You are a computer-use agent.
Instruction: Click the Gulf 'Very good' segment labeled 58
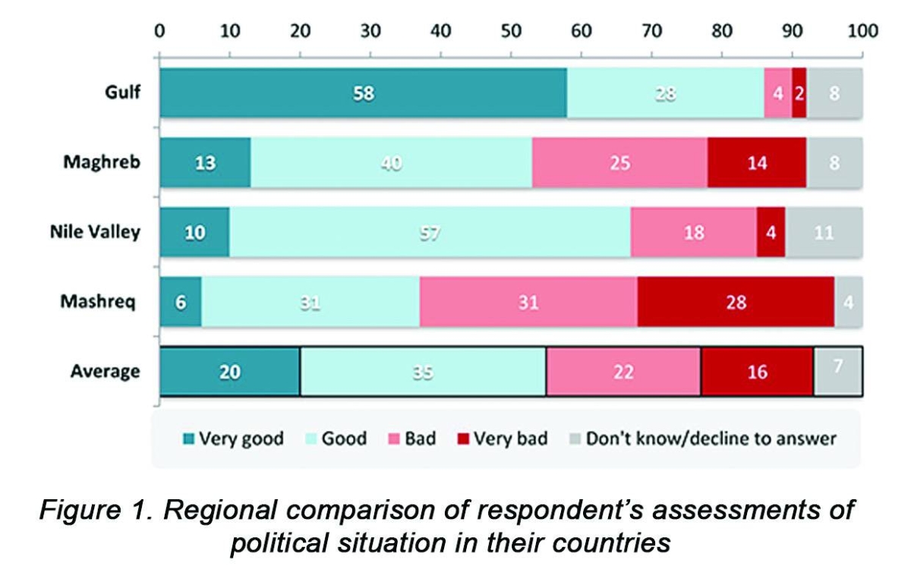pyautogui.click(x=363, y=93)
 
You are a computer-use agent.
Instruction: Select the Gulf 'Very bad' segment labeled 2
pyautogui.click(x=799, y=93)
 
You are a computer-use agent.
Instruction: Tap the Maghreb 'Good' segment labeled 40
pyautogui.click(x=391, y=162)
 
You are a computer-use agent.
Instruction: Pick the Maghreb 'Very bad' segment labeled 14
pyautogui.click(x=756, y=162)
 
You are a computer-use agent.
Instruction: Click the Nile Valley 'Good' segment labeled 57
pyautogui.click(x=430, y=232)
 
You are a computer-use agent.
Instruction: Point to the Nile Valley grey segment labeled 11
pyautogui.click(x=824, y=232)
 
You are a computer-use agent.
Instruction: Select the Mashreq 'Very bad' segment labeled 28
pyautogui.click(x=735, y=302)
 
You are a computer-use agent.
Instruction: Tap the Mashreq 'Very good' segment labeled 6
pyautogui.click(x=180, y=302)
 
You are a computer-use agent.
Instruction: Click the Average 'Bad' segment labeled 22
pyautogui.click(x=623, y=372)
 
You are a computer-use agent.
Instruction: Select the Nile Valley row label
pyautogui.click(x=90, y=231)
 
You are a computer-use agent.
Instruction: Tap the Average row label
pyautogui.click(x=105, y=371)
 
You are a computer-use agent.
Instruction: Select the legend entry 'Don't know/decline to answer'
pyautogui.click(x=711, y=439)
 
